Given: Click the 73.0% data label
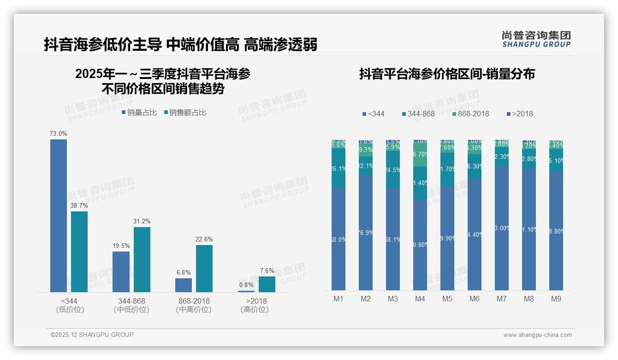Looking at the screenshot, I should (x=59, y=133).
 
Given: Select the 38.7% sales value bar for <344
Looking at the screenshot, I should (x=79, y=252).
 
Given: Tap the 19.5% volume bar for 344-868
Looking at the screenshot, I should (x=121, y=271).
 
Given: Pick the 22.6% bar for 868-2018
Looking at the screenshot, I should (x=204, y=268).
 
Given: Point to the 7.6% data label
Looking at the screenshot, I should (x=267, y=270).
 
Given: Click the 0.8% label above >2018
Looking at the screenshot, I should (x=246, y=285).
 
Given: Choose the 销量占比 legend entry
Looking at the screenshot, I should (x=139, y=112).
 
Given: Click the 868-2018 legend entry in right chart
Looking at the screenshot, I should (x=470, y=114).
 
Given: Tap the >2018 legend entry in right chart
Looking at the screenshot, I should (x=520, y=114).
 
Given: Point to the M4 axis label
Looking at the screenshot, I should (x=420, y=299).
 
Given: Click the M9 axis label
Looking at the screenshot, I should (x=556, y=299).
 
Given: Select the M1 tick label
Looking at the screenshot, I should (x=339, y=299).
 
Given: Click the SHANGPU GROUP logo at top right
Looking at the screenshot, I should (x=536, y=39).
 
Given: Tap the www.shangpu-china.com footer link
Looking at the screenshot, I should (x=537, y=335).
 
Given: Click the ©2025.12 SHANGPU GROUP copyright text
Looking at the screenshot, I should (x=92, y=335).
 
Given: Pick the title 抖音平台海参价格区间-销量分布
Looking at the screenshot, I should (x=446, y=74).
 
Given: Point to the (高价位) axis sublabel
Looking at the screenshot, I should (x=254, y=310).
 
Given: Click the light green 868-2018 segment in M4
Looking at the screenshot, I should (x=420, y=155).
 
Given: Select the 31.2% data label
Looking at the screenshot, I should (x=142, y=221).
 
